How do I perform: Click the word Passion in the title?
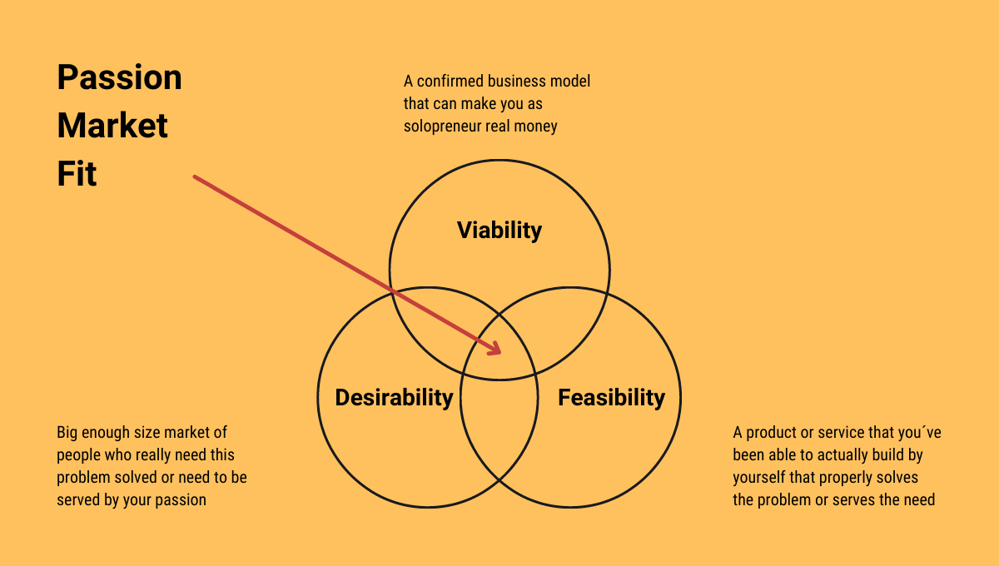120,77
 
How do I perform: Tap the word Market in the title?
112,126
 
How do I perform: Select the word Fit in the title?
77,173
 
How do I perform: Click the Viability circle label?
499,231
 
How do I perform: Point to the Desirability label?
395,397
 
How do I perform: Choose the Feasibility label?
611,397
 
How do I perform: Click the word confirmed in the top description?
450,82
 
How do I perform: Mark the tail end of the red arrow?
195,177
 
